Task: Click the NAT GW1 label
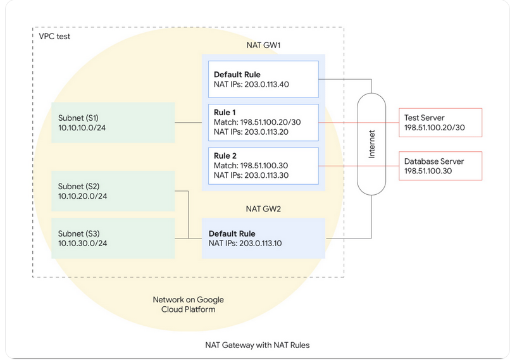pos(263,46)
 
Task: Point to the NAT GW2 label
pos(263,208)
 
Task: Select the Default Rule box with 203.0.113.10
pos(263,238)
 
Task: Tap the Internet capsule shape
pos(371,144)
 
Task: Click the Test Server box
pos(440,122)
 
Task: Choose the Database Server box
pos(440,166)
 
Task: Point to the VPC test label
pos(54,36)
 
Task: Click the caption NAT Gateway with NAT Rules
pos(257,345)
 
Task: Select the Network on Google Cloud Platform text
pos(188,304)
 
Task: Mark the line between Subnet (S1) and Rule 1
pos(189,122)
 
